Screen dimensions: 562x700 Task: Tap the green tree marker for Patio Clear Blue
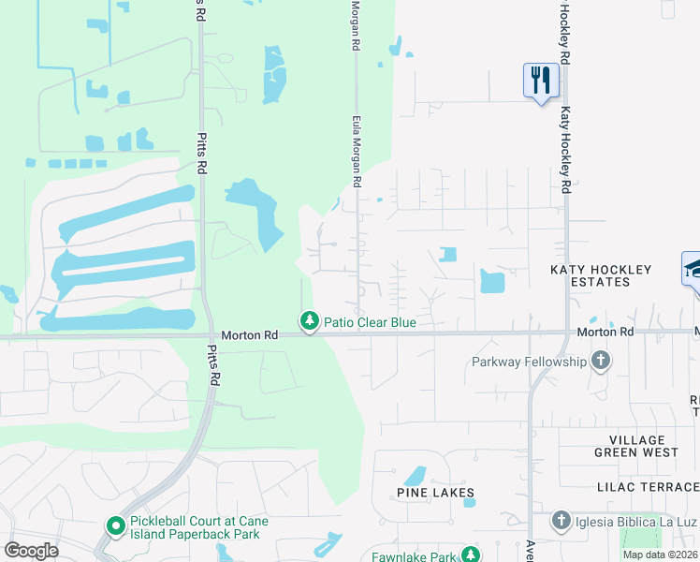(310, 321)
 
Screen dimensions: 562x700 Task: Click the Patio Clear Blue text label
(370, 322)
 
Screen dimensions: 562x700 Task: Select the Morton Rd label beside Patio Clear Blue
(250, 334)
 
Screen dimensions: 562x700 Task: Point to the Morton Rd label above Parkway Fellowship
(605, 332)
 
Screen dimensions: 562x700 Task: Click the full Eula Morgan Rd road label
(357, 151)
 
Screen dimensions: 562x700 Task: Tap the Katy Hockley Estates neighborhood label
(601, 275)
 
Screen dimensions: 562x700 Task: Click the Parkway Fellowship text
(529, 362)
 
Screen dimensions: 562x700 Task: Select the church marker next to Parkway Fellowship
(601, 361)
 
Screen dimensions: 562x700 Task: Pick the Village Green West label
(636, 446)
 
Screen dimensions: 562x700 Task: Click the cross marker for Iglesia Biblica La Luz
(561, 520)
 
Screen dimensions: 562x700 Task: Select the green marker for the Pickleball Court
(115, 526)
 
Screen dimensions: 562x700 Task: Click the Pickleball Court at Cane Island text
(199, 528)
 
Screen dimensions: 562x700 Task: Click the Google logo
(31, 551)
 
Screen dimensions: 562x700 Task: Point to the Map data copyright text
(661, 555)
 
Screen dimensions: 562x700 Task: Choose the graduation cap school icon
(693, 270)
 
